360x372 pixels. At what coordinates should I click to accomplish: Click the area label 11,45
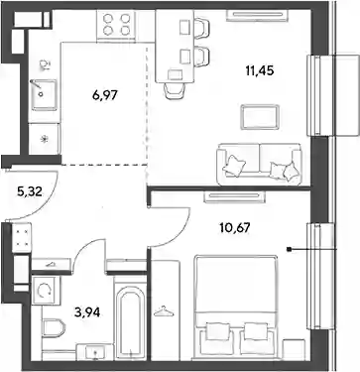pyautogui.click(x=260, y=70)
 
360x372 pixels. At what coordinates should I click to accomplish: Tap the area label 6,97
pyautogui.click(x=105, y=95)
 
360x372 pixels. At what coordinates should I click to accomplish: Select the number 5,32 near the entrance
pyautogui.click(x=30, y=191)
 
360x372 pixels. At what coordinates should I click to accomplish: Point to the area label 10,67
pyautogui.click(x=235, y=227)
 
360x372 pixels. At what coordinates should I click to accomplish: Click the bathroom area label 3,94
pyautogui.click(x=87, y=311)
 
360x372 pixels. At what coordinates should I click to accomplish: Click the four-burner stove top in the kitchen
pyautogui.click(x=116, y=25)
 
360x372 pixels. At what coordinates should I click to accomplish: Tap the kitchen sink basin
pyautogui.click(x=44, y=94)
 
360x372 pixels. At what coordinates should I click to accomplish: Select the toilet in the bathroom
pyautogui.click(x=54, y=327)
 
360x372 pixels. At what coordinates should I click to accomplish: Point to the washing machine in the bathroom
pyautogui.click(x=46, y=290)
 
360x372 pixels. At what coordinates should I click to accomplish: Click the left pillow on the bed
pyautogui.click(x=218, y=330)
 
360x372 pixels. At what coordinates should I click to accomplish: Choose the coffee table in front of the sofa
pyautogui.click(x=260, y=117)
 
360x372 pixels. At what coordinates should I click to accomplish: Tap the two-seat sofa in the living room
pyautogui.click(x=259, y=165)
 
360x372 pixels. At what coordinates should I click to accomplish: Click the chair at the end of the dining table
pyautogui.click(x=175, y=88)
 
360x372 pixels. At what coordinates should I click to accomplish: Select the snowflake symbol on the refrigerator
pyautogui.click(x=45, y=139)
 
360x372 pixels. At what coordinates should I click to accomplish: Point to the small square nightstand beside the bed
pyautogui.click(x=294, y=349)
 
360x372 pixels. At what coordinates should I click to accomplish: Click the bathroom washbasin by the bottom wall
pyautogui.click(x=95, y=352)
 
